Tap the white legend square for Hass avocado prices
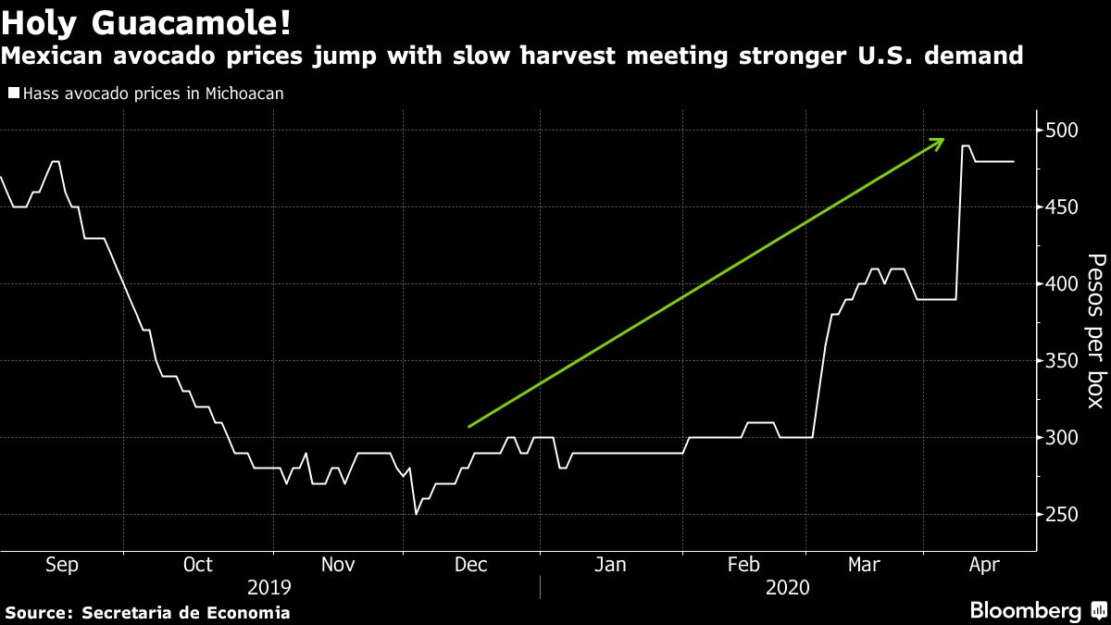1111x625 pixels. tap(13, 93)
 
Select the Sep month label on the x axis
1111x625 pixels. tap(61, 564)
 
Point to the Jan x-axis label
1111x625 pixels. tap(610, 564)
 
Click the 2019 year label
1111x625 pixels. tap(269, 588)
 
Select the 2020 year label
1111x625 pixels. tap(788, 588)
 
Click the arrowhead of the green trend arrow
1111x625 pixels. tap(940, 141)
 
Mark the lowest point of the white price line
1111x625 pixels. tap(417, 514)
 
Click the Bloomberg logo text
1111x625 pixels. tap(1025, 610)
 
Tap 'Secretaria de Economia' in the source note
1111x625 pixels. tap(186, 613)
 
